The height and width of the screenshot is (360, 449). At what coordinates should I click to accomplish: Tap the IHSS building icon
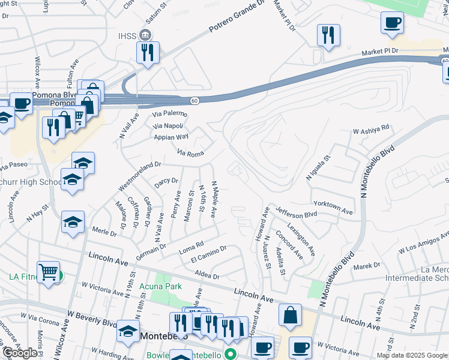pyautogui.click(x=145, y=34)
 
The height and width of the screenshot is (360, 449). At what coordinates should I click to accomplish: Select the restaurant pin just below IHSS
pyautogui.click(x=147, y=52)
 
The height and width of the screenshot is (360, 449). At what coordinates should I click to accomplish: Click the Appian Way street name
pyautogui.click(x=172, y=136)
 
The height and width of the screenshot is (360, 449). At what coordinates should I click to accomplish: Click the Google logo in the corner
pyautogui.click(x=19, y=353)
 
